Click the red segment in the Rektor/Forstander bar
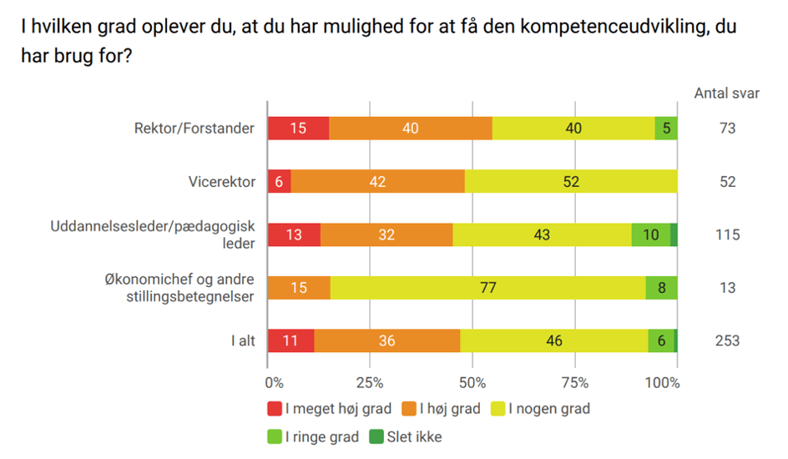298,129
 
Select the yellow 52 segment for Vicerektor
571,182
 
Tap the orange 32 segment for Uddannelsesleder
386,235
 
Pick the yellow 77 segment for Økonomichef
487,288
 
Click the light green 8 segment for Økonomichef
661,288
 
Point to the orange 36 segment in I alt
386,340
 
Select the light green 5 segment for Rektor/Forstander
665,129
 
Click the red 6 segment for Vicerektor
279,182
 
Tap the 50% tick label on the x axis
472,383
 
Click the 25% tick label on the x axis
370,383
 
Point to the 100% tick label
664,383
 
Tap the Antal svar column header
727,93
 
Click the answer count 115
727,235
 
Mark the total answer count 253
727,340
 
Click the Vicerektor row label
222,182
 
